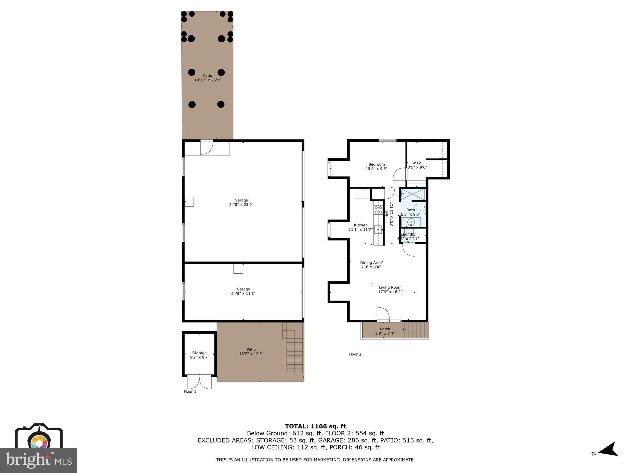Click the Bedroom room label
(x=377, y=164)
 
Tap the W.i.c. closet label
(x=417, y=163)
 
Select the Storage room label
(x=199, y=353)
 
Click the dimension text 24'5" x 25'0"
(x=241, y=204)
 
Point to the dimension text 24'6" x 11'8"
(x=243, y=293)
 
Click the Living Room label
(x=390, y=287)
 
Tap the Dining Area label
(x=371, y=263)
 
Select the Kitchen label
(x=360, y=225)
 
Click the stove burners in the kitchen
(x=378, y=210)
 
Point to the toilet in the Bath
(x=420, y=207)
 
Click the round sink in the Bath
(x=411, y=222)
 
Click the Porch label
(x=385, y=329)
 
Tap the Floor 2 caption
(x=355, y=354)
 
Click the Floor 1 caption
(x=190, y=391)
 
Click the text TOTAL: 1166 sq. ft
(x=315, y=426)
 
